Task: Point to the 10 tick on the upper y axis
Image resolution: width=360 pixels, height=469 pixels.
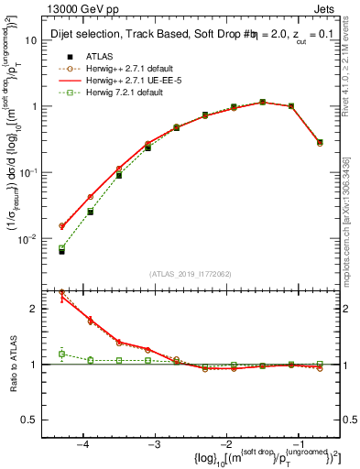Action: point(31,40)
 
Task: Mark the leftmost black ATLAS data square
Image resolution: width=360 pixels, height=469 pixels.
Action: point(61,250)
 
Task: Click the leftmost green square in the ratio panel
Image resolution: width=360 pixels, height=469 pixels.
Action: point(61,354)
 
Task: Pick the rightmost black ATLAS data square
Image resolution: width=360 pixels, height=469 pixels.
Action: point(319,142)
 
